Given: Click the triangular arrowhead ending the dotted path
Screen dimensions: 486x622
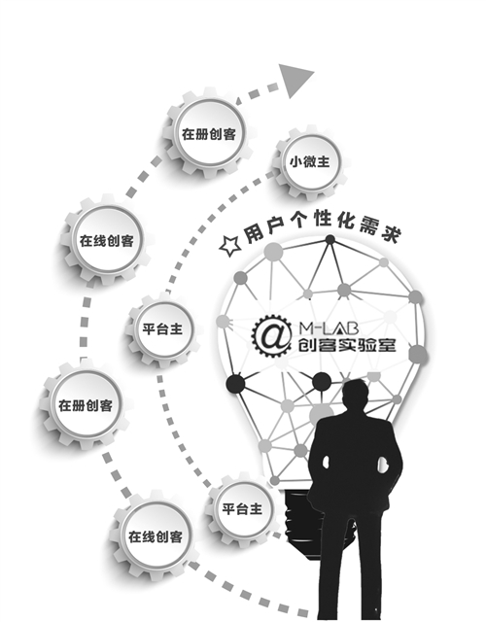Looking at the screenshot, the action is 295,80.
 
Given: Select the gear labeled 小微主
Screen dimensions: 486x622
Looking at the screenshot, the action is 309,162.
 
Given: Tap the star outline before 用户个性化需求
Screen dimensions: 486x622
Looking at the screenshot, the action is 230,246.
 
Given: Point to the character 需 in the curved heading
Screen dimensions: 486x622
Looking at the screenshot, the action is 369,225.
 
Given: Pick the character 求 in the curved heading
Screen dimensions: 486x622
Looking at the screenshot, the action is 391,233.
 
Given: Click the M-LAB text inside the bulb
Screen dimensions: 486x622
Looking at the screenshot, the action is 329,328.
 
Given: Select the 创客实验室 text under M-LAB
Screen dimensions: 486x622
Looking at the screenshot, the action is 347,345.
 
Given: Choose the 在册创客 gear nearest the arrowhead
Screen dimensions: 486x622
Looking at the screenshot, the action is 208,134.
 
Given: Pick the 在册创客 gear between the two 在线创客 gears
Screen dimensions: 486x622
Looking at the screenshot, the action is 86,405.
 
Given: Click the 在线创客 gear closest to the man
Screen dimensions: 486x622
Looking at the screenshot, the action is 156,536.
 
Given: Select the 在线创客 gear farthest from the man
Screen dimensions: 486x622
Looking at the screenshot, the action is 106,240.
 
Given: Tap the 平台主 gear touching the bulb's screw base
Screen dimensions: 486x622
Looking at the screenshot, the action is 242,509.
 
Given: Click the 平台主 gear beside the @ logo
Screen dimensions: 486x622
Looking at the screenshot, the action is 162,329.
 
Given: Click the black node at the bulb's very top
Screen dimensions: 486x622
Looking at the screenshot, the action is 330,240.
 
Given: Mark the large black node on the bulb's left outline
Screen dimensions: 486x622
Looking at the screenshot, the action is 235,384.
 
